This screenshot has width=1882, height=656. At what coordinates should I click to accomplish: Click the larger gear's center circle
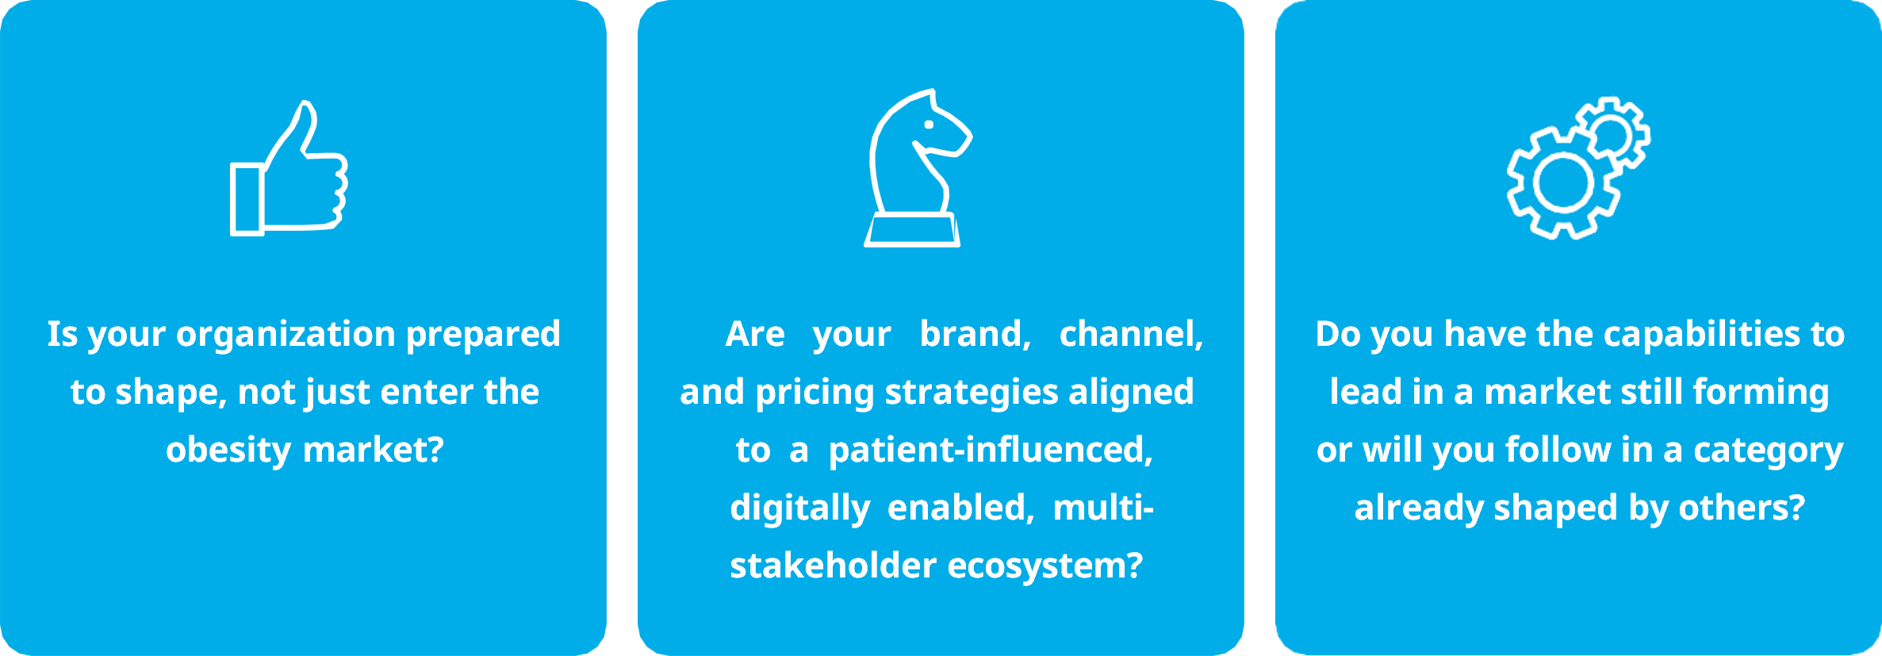(1563, 182)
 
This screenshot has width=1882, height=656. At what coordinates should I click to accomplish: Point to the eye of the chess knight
(929, 125)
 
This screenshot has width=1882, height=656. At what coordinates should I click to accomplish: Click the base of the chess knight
(912, 230)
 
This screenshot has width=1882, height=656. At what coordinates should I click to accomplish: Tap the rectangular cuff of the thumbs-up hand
(247, 199)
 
